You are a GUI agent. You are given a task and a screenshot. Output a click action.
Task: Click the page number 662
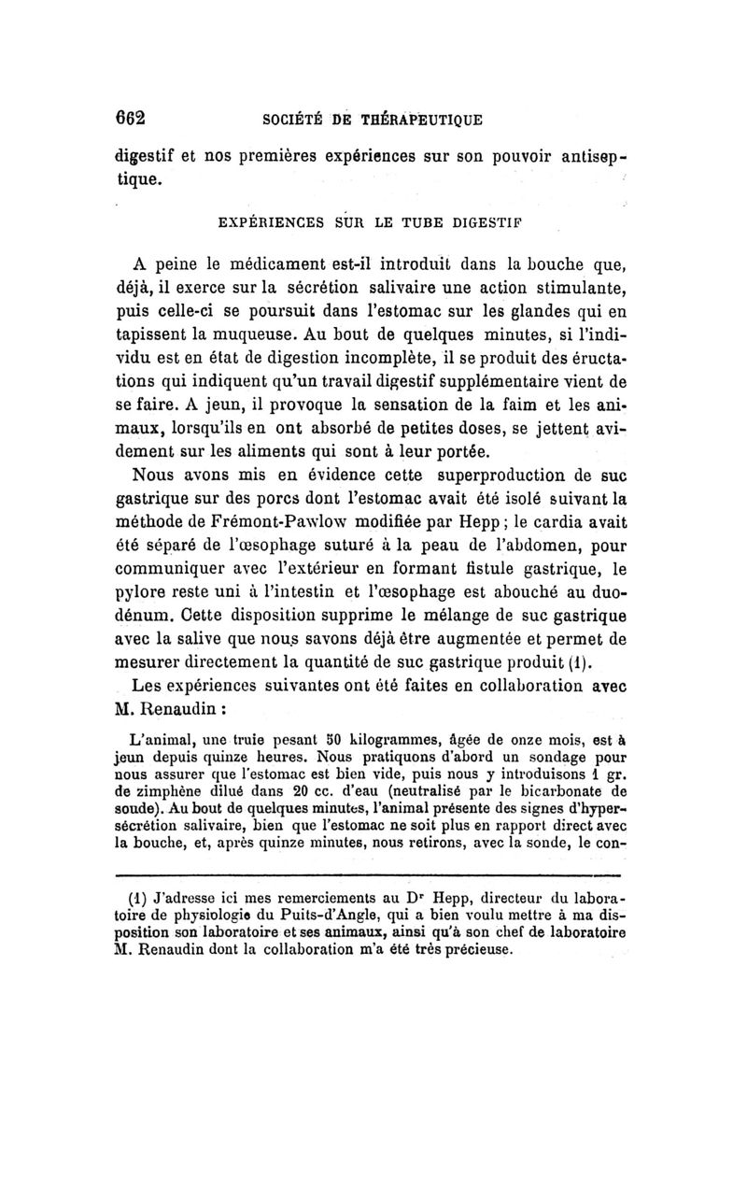(x=133, y=121)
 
